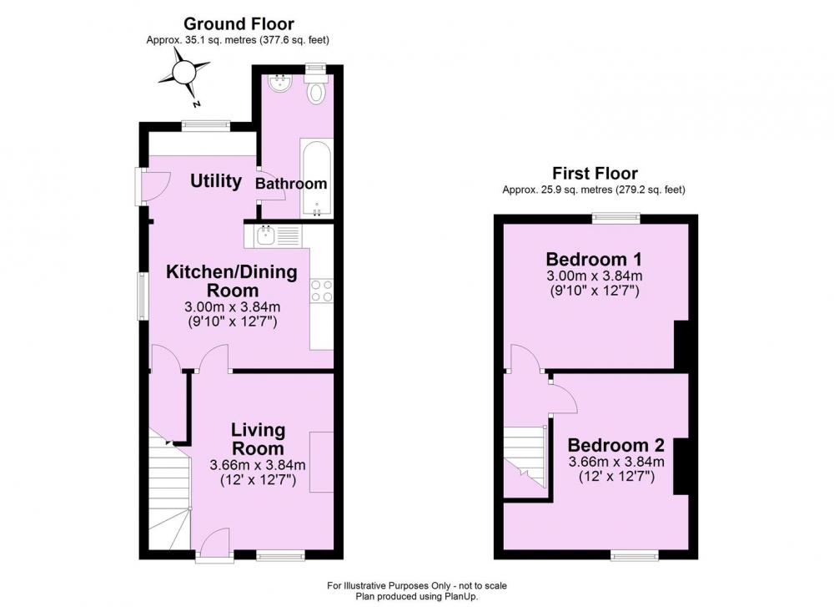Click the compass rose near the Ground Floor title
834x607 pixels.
tap(184, 72)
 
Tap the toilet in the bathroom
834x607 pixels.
tap(316, 89)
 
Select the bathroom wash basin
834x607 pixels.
tap(279, 83)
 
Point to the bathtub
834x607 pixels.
tap(316, 178)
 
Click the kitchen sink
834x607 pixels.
tap(265, 235)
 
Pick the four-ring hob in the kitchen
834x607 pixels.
tap(322, 291)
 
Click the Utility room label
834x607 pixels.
tap(216, 181)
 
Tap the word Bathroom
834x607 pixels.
tap(291, 184)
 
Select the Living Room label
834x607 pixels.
tap(258, 438)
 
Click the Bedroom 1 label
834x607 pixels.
tap(594, 260)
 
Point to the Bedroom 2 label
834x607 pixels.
tap(616, 444)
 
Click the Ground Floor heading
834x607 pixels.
tap(239, 24)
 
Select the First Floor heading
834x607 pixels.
tap(595, 173)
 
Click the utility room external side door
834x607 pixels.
tap(153, 186)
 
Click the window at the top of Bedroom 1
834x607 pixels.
tap(616, 217)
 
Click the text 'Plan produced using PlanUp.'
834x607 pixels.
tap(417, 596)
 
